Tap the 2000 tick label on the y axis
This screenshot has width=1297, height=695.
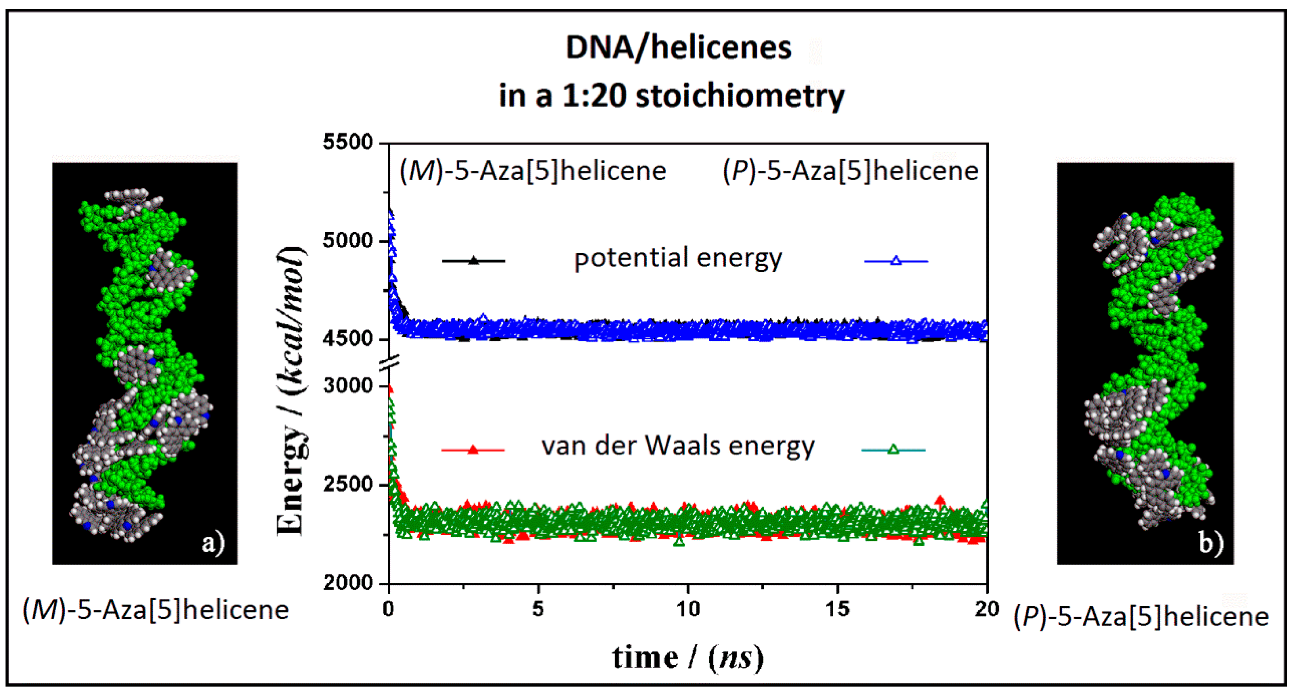click(348, 583)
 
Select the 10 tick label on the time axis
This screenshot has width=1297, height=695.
click(688, 609)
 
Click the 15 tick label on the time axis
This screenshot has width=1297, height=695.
click(837, 609)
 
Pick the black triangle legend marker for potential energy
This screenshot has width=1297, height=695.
click(473, 260)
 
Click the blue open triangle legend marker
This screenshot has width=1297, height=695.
click(896, 261)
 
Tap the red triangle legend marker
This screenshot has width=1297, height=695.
click(473, 449)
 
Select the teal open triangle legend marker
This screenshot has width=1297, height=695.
click(893, 449)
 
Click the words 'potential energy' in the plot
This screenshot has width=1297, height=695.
click(678, 259)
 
